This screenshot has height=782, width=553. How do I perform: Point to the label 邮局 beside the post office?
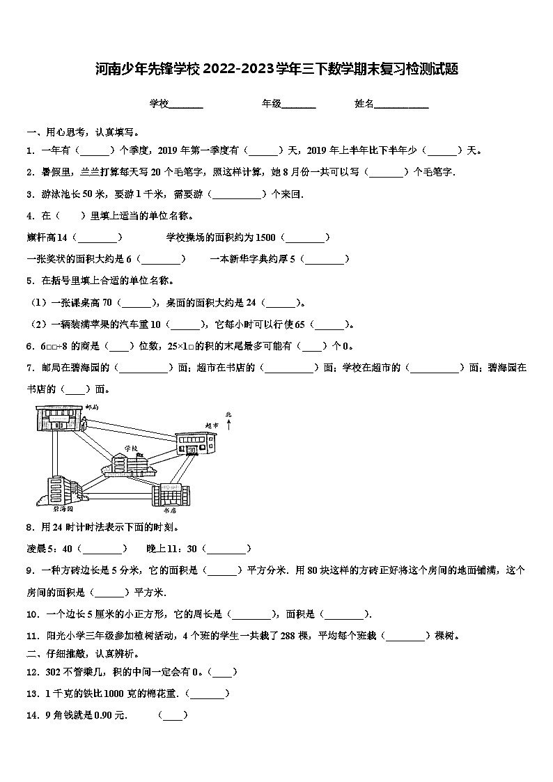92,406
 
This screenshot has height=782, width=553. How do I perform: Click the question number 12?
31,672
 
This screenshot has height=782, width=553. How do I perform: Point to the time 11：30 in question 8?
185,549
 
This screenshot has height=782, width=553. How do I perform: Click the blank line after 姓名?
402,104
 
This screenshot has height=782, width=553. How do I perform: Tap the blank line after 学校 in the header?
186,104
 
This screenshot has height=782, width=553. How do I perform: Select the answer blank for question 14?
173,715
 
